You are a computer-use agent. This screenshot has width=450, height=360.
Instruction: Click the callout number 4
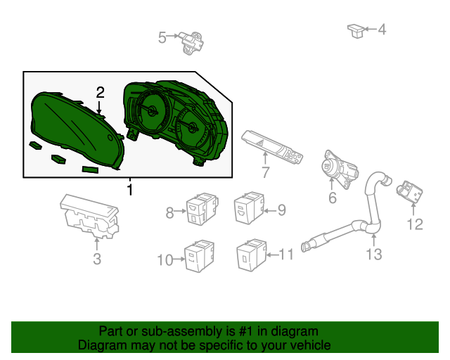(382, 30)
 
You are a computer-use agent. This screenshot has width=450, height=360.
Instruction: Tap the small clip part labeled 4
(356, 31)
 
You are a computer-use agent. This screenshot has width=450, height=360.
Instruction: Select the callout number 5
(162, 38)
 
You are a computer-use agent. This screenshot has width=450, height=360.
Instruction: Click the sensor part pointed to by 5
(191, 43)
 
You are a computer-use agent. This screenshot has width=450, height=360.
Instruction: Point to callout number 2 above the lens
(100, 92)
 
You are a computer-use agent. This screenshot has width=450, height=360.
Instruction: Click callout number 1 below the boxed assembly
(130, 190)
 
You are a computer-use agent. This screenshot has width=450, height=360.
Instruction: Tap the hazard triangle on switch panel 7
(262, 143)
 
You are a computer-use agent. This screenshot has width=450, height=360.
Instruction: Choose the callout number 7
(266, 172)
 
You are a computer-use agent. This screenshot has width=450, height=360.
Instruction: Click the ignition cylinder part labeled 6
(340, 169)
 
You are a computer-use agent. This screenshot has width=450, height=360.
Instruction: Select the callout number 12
(415, 224)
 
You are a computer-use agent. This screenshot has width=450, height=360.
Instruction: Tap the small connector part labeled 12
(409, 191)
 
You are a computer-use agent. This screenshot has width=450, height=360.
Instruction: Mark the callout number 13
(374, 255)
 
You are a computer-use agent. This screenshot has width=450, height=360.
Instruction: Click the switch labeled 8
(202, 208)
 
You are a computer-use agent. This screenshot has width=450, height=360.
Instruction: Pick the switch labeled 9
(249, 207)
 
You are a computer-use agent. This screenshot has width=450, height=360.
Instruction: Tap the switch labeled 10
(199, 256)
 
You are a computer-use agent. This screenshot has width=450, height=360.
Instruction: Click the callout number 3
(97, 259)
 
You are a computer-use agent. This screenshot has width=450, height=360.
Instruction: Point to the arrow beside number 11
(273, 255)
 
